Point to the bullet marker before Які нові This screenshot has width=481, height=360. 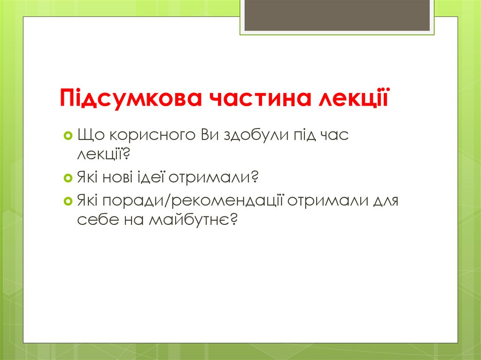[67, 178]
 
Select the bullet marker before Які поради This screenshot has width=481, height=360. [67, 201]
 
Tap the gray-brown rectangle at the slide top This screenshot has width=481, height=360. [337, 15]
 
